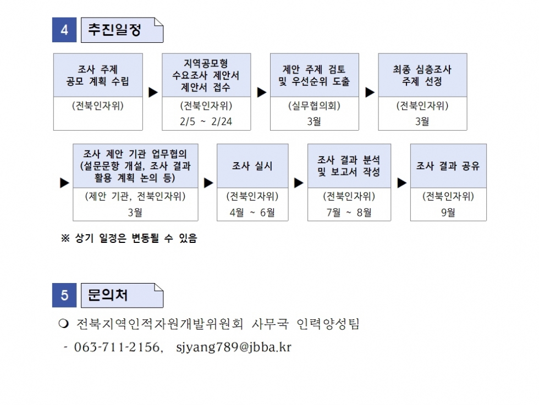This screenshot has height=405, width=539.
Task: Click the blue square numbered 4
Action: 64,30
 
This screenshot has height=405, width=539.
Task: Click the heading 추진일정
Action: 114,30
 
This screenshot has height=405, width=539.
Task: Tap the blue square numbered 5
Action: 64,295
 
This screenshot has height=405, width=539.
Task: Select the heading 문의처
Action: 108,295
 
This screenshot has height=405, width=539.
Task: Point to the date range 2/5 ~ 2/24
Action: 206,121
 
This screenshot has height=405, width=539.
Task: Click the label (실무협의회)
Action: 314,106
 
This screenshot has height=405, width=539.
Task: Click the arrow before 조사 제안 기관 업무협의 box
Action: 65,183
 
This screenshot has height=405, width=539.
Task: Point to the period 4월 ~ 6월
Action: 252,213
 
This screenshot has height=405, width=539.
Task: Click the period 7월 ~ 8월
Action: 349,213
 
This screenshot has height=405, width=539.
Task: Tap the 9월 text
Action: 448,213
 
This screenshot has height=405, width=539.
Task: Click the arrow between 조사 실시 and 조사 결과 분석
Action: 299,183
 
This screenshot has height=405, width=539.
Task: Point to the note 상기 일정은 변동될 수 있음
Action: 136,238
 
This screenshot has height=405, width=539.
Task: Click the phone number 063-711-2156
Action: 117,347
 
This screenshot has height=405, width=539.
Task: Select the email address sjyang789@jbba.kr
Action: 234,347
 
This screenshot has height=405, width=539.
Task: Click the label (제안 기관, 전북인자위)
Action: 135,196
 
